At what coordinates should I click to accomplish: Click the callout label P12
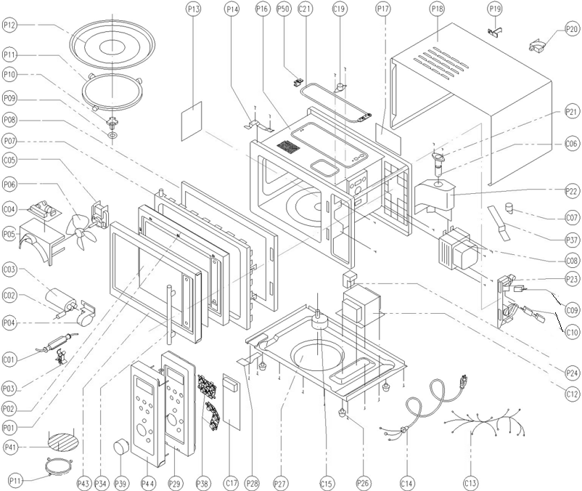tap(9, 25)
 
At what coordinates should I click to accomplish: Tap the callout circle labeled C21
tap(305, 9)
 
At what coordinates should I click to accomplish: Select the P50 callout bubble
tap(284, 9)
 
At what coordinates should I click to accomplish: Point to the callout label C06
tap(572, 143)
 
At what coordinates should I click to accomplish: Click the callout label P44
tap(148, 483)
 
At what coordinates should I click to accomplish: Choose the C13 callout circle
tap(471, 483)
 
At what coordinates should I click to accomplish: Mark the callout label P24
tap(572, 372)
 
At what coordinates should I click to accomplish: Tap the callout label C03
tap(9, 269)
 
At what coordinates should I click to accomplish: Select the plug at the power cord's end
tap(464, 382)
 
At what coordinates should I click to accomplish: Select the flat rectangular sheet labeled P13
tap(192, 121)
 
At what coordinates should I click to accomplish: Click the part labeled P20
tap(537, 47)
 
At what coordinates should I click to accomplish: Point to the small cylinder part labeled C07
tap(509, 208)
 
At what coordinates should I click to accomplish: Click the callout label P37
tap(572, 240)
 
